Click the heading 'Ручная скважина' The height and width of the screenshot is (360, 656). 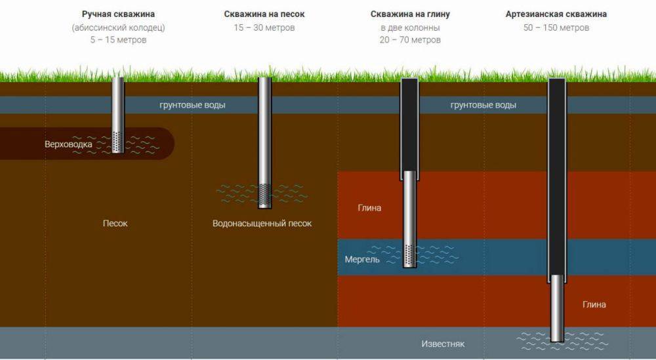118,14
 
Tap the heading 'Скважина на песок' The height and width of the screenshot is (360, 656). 264,14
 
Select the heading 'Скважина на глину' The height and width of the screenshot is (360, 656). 410,14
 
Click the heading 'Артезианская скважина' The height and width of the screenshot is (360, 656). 556,14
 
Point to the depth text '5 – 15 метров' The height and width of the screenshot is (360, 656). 118,40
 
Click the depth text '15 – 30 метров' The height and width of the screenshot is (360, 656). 264,28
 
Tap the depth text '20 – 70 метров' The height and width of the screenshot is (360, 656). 410,40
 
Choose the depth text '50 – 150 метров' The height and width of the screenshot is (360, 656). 556,28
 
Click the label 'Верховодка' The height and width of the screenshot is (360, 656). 68,144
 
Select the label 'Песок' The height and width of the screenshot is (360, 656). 115,223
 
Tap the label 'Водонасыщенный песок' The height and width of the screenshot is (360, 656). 262,223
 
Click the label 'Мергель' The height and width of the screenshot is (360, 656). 362,259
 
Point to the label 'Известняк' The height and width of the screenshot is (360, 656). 443,344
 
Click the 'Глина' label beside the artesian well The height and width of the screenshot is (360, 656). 594,304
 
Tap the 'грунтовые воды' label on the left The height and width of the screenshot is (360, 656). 192,105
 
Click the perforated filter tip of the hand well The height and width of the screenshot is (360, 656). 118,142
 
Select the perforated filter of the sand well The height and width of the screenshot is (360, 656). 264,195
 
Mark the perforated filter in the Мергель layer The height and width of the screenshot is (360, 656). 410,256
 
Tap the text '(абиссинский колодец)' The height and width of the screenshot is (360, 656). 118,28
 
